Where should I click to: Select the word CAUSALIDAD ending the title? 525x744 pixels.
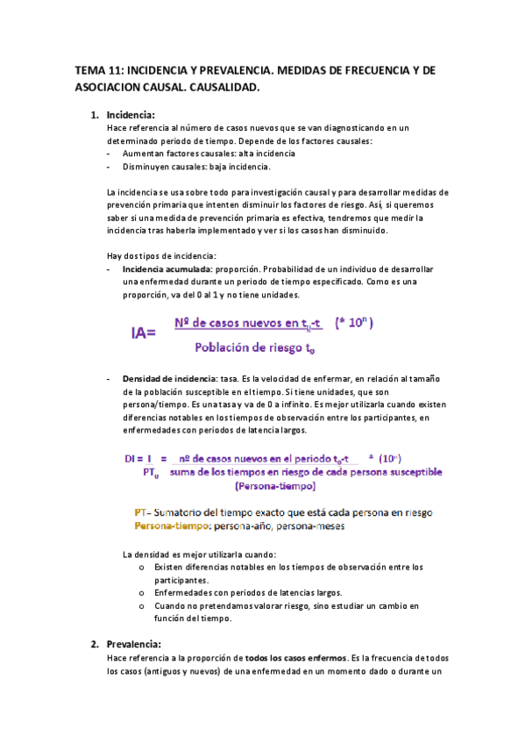coord(217,89)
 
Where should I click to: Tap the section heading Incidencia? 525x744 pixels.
coord(131,115)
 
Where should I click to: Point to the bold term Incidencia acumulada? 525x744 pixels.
coord(167,268)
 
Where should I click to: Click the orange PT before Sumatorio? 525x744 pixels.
coord(140,512)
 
